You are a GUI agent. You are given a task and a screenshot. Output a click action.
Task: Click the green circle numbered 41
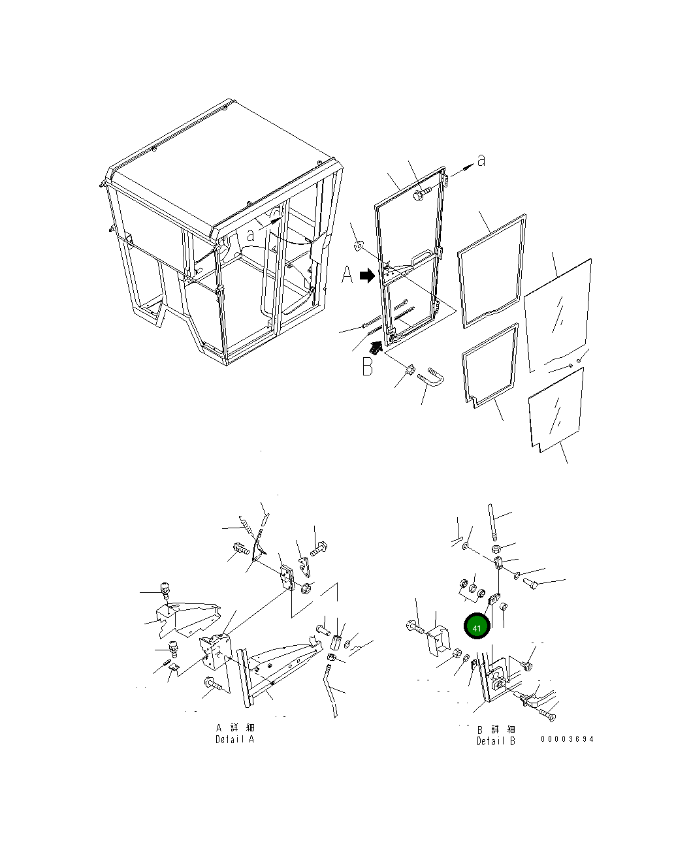(x=477, y=626)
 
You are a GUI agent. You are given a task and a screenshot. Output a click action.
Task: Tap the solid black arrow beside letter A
(x=367, y=276)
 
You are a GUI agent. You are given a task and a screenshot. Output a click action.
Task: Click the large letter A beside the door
(x=347, y=275)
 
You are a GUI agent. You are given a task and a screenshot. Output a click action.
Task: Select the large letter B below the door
(x=367, y=366)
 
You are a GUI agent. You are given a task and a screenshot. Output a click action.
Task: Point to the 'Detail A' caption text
(x=234, y=739)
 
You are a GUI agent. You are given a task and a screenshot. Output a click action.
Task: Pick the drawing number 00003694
(x=567, y=739)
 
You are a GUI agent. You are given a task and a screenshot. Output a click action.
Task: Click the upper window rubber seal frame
(x=491, y=271)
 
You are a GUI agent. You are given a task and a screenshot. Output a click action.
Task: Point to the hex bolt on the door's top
(x=422, y=193)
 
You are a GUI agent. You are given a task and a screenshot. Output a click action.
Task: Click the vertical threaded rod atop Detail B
(x=492, y=521)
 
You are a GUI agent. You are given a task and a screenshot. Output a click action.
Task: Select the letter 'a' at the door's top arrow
(x=481, y=161)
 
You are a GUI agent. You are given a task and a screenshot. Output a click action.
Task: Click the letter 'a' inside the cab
(x=250, y=236)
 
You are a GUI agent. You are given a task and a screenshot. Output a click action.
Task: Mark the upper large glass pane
(x=558, y=315)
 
